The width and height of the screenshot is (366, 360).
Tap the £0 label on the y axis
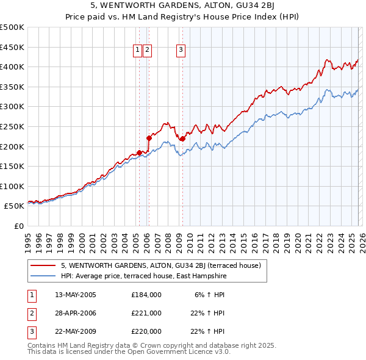pyautogui.click(x=19, y=226)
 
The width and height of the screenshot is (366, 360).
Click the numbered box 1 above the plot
pyautogui.click(x=138, y=51)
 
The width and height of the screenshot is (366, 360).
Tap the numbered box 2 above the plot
pyautogui.click(x=148, y=51)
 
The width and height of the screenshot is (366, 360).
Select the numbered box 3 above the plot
pyautogui.click(x=182, y=51)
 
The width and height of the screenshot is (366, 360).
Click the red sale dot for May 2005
pyautogui.click(x=139, y=153)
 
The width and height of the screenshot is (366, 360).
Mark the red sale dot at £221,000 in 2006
pyautogui.click(x=149, y=138)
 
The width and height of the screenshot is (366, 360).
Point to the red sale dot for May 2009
pyautogui.click(x=182, y=139)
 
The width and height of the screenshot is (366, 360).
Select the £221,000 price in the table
pyautogui.click(x=146, y=313)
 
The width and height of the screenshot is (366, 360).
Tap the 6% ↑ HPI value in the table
pyautogui.click(x=210, y=294)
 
